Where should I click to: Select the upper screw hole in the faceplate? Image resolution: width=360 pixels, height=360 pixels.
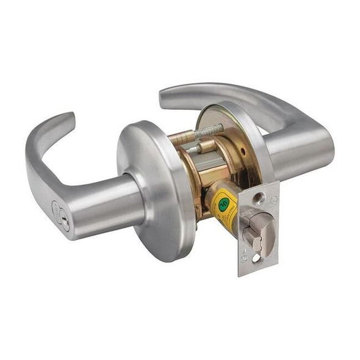pyautogui.click(x=261, y=198)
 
